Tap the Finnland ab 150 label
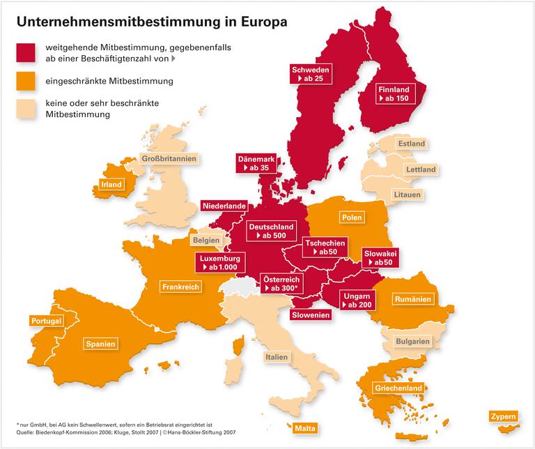(395, 94)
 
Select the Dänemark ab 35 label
(256, 163)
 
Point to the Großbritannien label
(169, 158)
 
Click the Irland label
(111, 185)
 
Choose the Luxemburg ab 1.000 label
(219, 262)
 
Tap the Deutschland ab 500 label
(271, 231)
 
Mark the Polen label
(352, 218)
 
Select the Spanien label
(100, 343)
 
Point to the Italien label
(276, 357)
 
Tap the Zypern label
(504, 417)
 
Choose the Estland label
(411, 144)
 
